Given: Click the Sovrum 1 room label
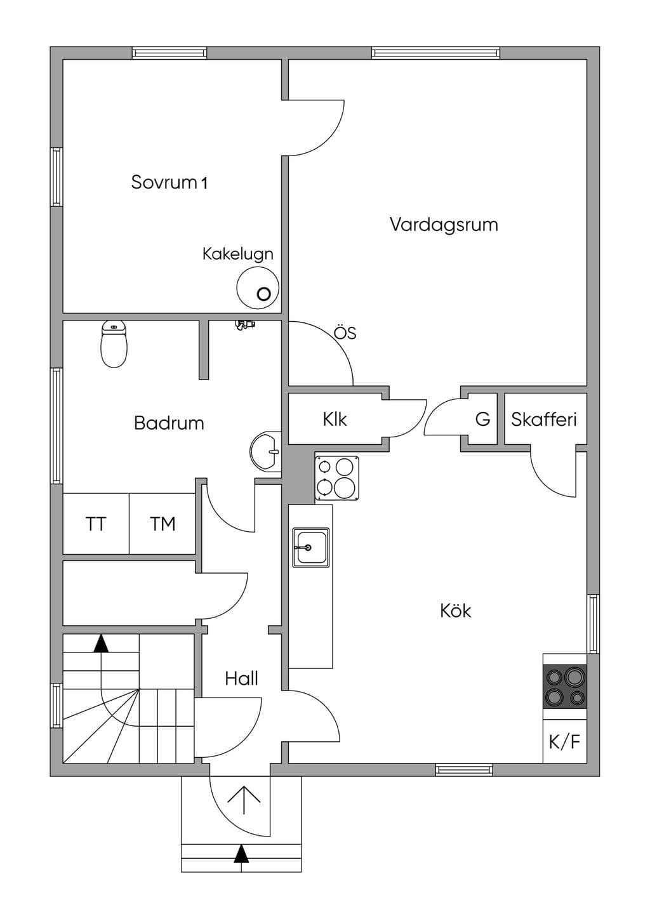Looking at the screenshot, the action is (169, 182).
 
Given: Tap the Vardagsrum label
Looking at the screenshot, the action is (444, 225).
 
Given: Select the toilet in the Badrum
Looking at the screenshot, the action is (114, 344).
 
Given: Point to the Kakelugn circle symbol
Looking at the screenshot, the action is (258, 287).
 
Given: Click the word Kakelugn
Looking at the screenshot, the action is (238, 254).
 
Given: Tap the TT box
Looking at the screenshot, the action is (96, 524).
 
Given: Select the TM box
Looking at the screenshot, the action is (162, 524).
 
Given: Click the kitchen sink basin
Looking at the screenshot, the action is (310, 548).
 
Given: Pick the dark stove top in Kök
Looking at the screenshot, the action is (565, 686).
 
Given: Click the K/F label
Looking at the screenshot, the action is (565, 742).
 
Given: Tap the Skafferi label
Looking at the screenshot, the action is (544, 420).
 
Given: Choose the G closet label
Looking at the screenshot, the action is (483, 420).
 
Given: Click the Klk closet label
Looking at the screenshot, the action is (335, 420).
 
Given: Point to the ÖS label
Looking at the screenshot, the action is (345, 333).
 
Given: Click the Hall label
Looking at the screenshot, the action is (242, 679).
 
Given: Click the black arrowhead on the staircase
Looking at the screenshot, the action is (101, 644).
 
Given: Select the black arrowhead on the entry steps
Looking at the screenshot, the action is (242, 854).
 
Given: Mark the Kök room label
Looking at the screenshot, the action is (456, 611).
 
